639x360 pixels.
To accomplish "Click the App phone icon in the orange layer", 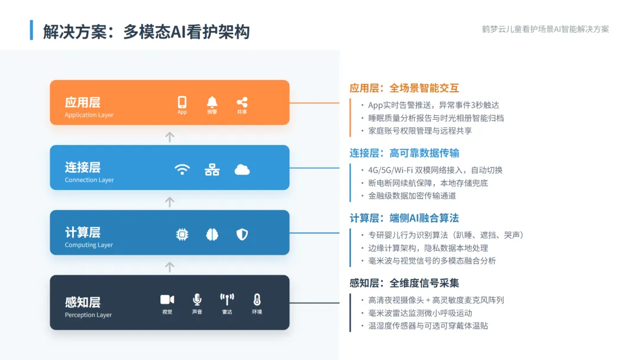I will (x=182, y=102).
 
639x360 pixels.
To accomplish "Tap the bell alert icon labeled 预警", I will (x=212, y=102).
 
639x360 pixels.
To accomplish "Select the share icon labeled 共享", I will (x=242, y=102).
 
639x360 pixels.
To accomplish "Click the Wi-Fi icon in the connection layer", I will (x=182, y=169).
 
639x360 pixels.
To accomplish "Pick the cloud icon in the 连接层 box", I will (x=242, y=169).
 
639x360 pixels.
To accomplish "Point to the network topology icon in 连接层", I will (x=212, y=170).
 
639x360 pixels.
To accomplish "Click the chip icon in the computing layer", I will (x=182, y=234).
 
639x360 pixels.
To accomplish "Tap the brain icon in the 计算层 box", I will (x=212, y=234).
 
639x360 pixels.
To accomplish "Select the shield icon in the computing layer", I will (x=242, y=234).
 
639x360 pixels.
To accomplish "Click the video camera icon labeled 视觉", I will (x=167, y=300).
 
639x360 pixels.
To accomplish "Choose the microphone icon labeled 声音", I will (x=197, y=300).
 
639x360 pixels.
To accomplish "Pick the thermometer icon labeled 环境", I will (x=257, y=300).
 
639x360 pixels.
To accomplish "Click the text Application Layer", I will (x=89, y=115).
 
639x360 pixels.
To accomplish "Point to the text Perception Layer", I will (x=88, y=315).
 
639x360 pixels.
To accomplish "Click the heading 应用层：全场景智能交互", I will (x=404, y=88).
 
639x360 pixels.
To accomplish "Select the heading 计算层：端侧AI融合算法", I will (x=404, y=218).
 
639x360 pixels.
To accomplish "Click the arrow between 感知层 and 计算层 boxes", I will (x=170, y=267).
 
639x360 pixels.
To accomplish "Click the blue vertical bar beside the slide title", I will (x=31, y=30).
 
